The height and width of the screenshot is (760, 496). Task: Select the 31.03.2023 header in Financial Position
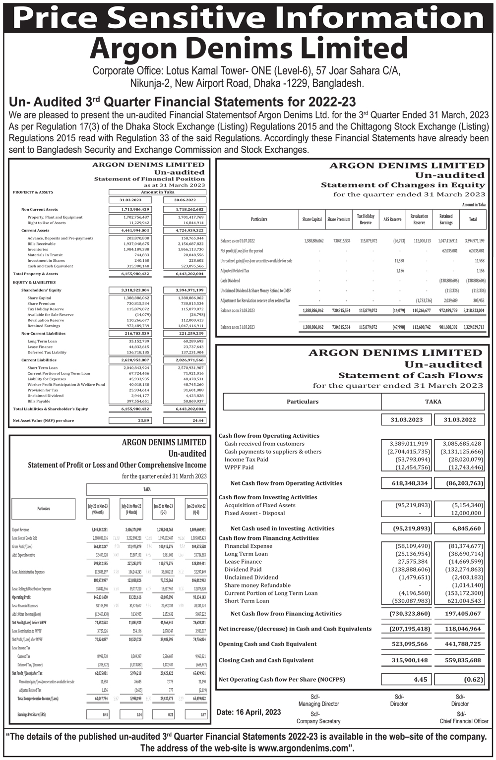pyautogui.click(x=130, y=200)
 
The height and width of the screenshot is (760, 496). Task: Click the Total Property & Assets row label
pyautogui.click(x=35, y=274)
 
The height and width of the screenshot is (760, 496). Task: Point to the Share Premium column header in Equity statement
pyautogui.click(x=339, y=219)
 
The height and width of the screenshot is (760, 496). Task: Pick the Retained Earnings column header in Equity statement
pyautogui.click(x=446, y=219)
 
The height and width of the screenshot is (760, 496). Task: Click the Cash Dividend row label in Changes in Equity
pyautogui.click(x=230, y=281)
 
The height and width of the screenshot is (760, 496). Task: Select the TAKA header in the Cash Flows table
pyautogui.click(x=433, y=402)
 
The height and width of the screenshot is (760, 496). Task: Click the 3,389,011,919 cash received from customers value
pyautogui.click(x=407, y=444)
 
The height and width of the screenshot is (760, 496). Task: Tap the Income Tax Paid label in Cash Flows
pyautogui.click(x=246, y=460)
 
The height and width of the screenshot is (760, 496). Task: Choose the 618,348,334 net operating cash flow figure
pyautogui.click(x=407, y=483)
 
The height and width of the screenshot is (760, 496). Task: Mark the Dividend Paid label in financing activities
pyautogui.click(x=243, y=570)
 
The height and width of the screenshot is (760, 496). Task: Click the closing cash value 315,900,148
pyautogui.click(x=407, y=660)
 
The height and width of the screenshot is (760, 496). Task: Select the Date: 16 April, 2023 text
pyautogui.click(x=248, y=712)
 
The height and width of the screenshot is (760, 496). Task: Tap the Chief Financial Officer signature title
pyautogui.click(x=464, y=721)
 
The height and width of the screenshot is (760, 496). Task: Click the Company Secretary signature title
pyautogui.click(x=318, y=721)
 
